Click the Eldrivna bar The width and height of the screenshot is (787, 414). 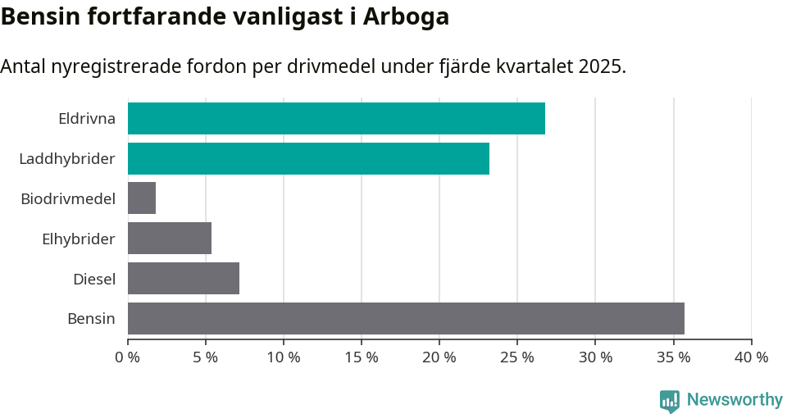336,118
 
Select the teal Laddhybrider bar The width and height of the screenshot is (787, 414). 308,158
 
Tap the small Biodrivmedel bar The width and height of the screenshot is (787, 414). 142,198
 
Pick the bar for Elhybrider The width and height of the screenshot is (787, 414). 170,239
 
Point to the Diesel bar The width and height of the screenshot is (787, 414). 184,279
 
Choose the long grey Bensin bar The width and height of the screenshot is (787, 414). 406,318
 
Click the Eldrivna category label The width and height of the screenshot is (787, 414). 87,118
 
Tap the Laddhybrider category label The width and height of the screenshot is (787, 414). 67,158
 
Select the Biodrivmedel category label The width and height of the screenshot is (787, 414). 68,198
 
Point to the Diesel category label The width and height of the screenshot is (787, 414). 94,279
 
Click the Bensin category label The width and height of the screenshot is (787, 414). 91,318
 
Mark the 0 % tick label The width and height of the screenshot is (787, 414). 128,357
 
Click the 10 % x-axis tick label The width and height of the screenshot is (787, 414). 284,357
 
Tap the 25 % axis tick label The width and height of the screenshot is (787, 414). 517,357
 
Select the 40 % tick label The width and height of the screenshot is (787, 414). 751,357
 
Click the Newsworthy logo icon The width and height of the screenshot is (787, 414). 670,400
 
